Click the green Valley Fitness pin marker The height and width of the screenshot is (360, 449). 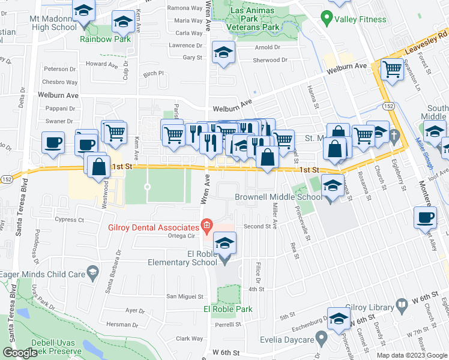(327, 18)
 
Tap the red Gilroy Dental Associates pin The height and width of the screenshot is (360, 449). (206, 227)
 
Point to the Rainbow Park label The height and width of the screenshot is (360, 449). (105, 40)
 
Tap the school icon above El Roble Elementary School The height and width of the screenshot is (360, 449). (224, 243)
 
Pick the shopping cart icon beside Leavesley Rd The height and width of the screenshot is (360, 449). (392, 70)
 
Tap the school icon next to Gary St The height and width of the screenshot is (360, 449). (223, 53)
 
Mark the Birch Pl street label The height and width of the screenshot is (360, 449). (153, 74)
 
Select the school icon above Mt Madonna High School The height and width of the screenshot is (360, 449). (84, 10)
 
